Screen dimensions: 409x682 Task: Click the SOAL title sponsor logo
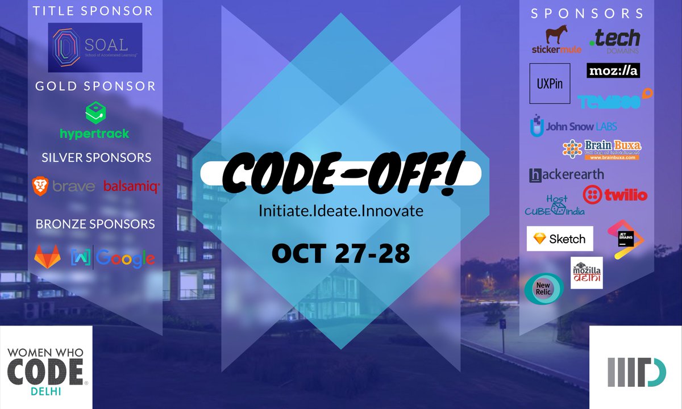95,47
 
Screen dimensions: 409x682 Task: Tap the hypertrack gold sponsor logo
95,121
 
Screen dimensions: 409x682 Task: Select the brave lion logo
40,185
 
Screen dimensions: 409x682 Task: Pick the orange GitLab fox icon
48,257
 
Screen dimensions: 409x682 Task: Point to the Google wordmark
125,258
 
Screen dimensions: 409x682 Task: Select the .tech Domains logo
615,41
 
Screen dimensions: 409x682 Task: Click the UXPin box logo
550,83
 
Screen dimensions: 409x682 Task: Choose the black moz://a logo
613,70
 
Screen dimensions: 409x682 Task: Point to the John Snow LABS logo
573,126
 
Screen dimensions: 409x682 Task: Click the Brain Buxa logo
601,149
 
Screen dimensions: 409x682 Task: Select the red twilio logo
616,195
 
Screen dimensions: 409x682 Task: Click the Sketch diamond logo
560,239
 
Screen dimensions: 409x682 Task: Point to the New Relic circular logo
544,287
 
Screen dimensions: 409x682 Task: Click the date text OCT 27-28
341,253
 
